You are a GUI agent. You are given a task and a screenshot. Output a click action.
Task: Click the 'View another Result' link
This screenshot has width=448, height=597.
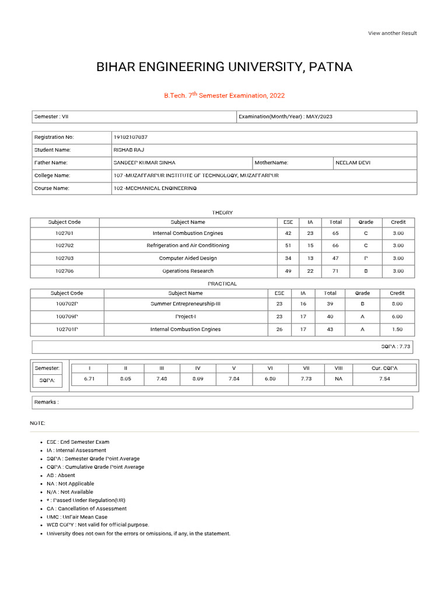coord(392,33)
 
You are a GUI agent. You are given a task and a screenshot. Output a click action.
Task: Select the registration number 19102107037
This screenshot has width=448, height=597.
coord(131,137)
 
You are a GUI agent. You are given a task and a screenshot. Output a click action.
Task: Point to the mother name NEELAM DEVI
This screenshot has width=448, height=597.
coord(353,163)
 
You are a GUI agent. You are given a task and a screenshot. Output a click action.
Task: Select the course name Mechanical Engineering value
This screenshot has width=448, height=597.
coord(155,188)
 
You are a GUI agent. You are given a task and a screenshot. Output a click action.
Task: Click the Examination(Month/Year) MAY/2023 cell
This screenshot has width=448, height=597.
coord(286,117)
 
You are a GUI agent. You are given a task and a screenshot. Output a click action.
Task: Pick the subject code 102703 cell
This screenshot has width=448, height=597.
coord(65,258)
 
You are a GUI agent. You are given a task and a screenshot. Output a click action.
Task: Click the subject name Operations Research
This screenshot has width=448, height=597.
coord(188,271)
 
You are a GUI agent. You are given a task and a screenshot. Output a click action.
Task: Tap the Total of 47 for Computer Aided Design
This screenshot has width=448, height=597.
coord(335,258)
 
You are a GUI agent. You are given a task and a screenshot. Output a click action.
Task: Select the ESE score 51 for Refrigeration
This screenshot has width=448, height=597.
coord(288,245)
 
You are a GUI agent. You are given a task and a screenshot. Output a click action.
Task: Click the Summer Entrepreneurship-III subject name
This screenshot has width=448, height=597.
coord(185,304)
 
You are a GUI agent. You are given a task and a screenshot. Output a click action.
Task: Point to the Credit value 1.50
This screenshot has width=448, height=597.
coord(397,329)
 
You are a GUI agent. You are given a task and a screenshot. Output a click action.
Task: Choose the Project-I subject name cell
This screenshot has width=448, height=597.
coord(185,317)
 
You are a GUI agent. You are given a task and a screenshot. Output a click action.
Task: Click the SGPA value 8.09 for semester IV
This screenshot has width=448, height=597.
coord(198,379)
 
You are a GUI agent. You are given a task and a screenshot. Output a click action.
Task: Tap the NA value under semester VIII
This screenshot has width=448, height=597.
coord(339,379)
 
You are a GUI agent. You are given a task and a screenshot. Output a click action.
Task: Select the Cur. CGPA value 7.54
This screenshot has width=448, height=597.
coord(384,379)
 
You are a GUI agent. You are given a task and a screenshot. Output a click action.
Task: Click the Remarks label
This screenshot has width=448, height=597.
coord(47,402)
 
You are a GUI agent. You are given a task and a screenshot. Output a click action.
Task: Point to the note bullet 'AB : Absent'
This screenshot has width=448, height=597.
coord(61,475)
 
